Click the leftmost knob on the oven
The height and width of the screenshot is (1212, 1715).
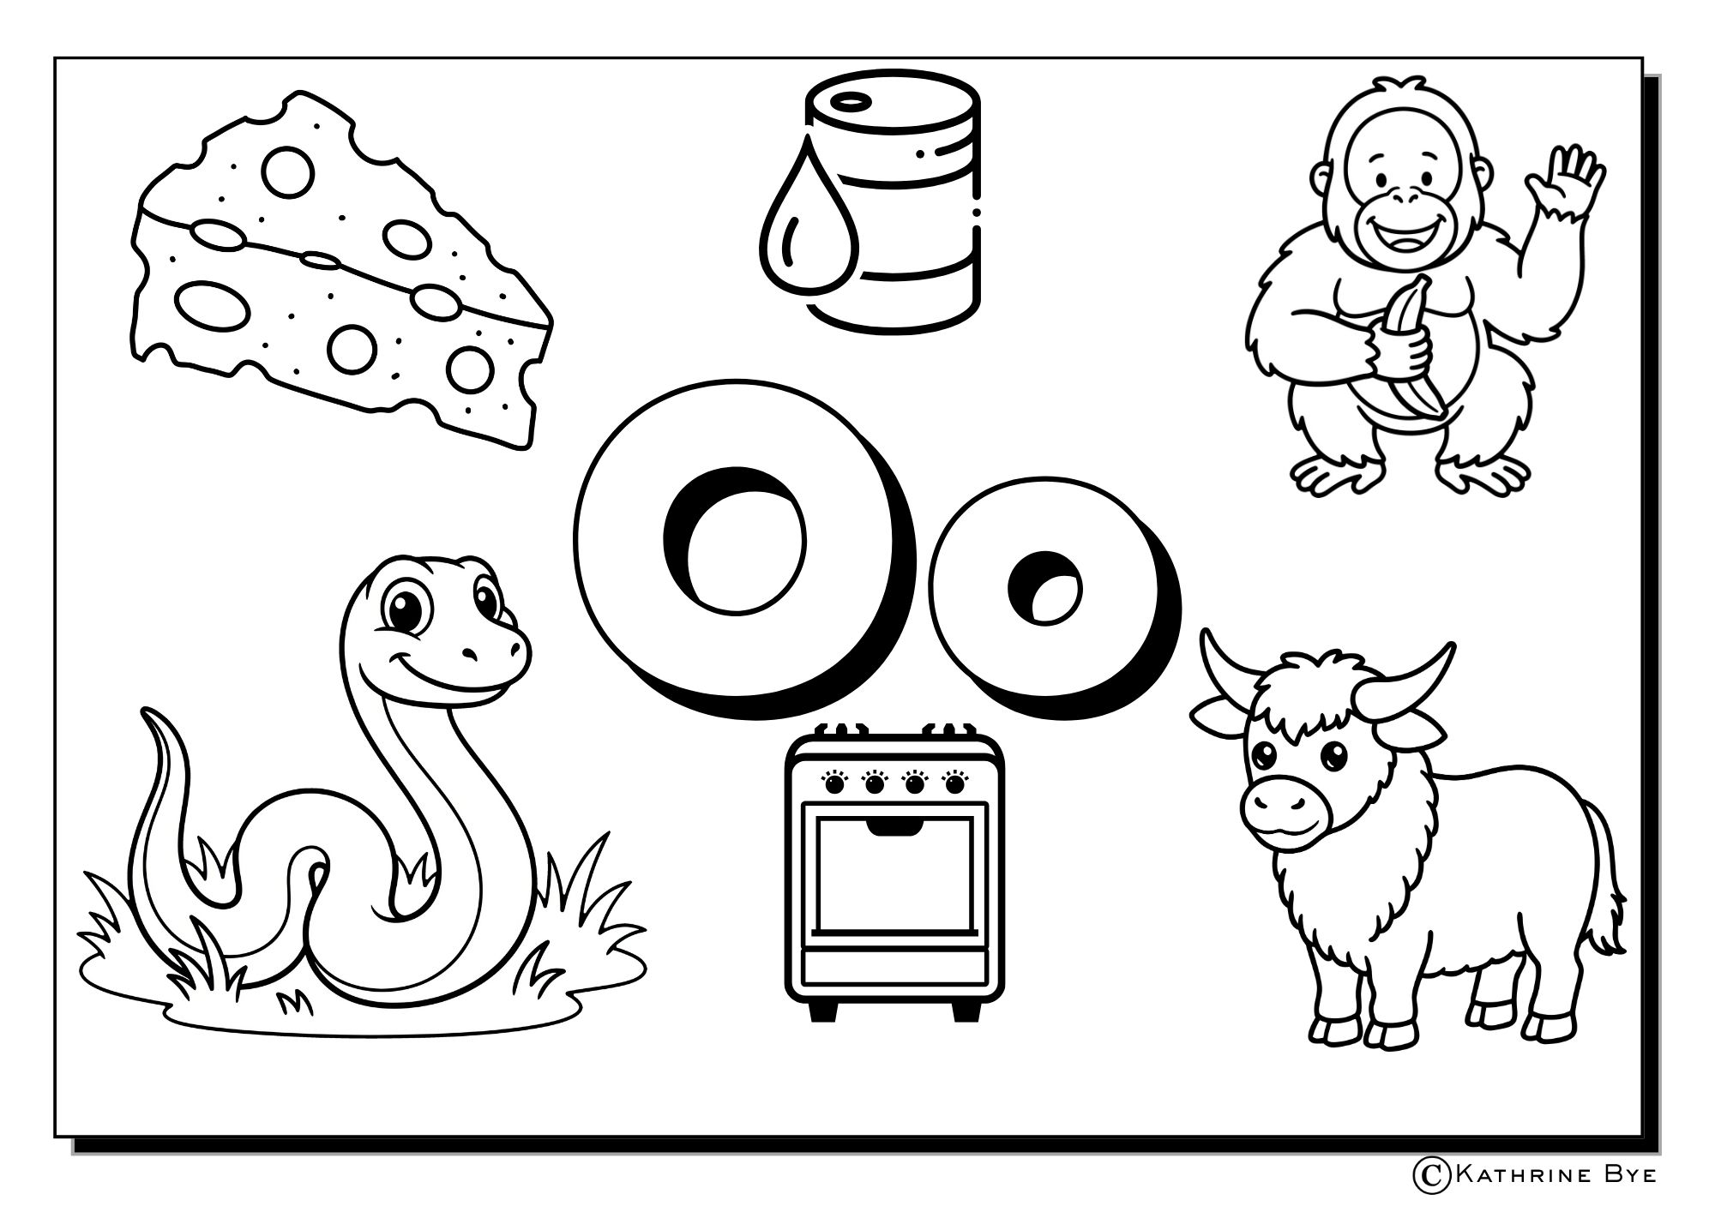point(832,783)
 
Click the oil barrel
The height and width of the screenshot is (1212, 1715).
point(892,201)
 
